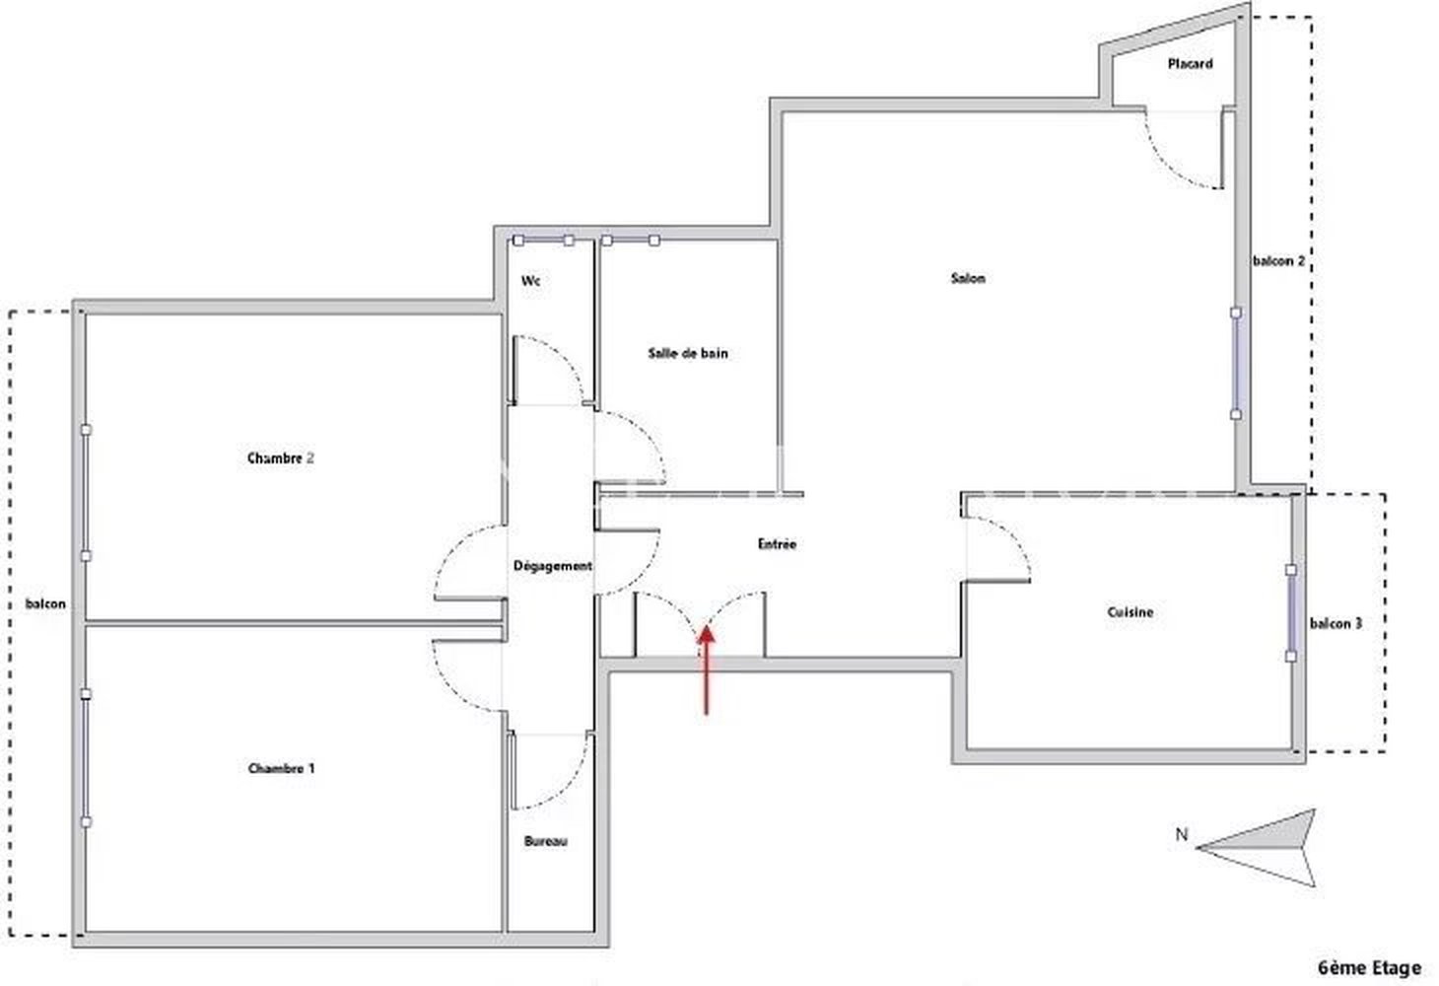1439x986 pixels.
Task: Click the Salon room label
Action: click(x=968, y=278)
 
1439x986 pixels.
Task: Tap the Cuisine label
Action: click(x=1130, y=612)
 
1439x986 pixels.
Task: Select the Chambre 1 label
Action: click(x=281, y=768)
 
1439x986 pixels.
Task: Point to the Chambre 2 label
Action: click(x=281, y=458)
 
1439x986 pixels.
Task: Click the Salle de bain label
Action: click(x=688, y=353)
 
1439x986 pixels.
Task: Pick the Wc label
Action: click(x=530, y=281)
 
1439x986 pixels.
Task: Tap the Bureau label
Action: click(x=545, y=841)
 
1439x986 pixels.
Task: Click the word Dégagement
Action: click(x=553, y=566)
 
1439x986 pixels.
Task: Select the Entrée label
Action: click(x=778, y=543)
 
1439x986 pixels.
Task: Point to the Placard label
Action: click(x=1191, y=64)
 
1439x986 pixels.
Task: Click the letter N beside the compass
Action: click(x=1182, y=834)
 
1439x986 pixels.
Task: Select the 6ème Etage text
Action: click(x=1370, y=967)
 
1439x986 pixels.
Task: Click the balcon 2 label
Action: click(x=1278, y=261)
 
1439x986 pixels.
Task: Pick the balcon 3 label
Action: click(x=1336, y=623)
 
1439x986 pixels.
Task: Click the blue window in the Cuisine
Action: click(x=1291, y=613)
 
